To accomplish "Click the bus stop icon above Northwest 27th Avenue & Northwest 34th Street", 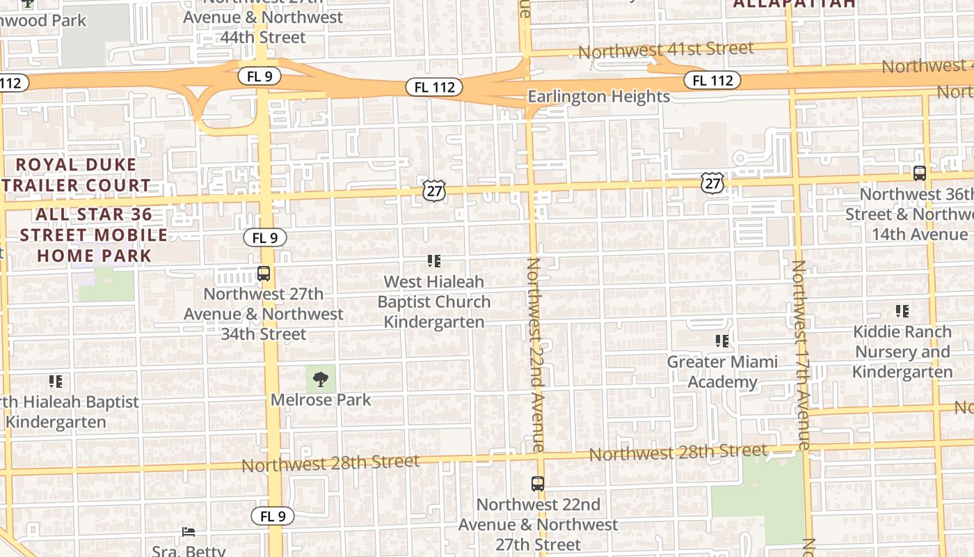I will pos(264,274).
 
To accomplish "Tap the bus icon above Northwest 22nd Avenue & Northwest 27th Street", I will pos(538,483).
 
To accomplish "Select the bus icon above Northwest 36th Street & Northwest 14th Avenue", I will pos(919,173).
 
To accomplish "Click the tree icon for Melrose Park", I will pos(321,379).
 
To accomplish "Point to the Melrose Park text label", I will pos(321,400).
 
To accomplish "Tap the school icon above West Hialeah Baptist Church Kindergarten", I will pos(434,262).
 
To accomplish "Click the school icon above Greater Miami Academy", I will pos(722,341).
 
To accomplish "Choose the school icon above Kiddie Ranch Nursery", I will pos(902,311).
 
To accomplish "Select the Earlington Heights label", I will pos(598,96).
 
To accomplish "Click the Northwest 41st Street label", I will pos(666,50).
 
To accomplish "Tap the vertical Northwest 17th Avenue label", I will pos(801,354).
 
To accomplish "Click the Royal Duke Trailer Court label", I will pos(77,175).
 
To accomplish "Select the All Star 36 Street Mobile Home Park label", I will pos(94,235).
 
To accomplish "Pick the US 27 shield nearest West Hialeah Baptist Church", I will pos(433,190).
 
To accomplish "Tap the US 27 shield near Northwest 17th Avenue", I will pos(712,183).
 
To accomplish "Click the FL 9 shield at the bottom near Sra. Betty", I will pos(273,516).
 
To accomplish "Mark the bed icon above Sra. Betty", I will pos(189,532).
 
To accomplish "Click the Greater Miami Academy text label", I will pos(722,372).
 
